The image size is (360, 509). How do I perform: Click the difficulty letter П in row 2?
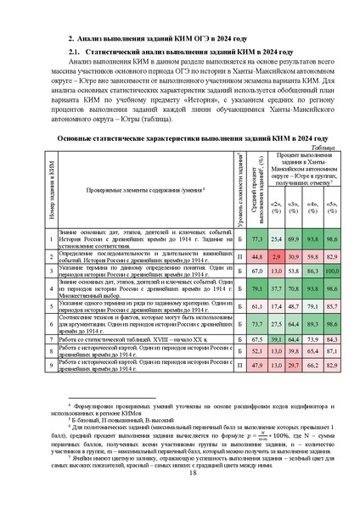click(240, 255)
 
